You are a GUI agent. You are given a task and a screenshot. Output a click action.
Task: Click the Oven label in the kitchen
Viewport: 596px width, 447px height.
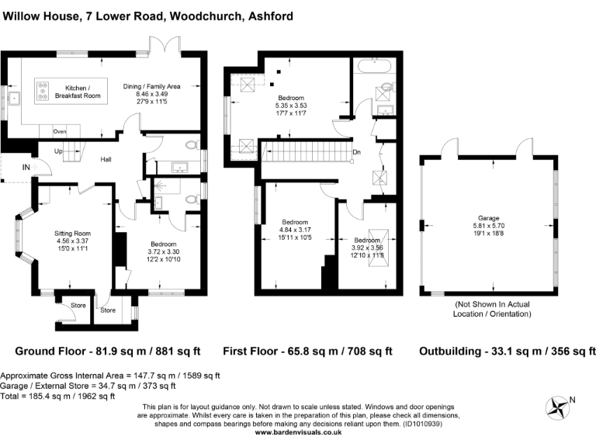coord(60,131)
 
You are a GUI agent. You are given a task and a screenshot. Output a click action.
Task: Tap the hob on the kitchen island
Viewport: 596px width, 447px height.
coord(43,92)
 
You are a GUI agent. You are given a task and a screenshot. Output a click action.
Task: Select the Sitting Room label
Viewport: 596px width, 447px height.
coord(72,234)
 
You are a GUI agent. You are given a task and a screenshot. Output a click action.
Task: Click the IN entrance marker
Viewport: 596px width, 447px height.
coord(26,168)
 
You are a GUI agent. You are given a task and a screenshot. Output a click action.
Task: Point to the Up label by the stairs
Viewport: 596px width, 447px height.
coord(58,151)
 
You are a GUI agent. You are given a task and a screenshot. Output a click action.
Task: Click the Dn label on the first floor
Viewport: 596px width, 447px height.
coord(356,152)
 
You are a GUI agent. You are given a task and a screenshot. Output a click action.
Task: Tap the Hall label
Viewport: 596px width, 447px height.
coord(106,159)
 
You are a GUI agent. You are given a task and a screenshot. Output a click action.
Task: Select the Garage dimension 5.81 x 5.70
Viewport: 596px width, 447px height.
coord(488,226)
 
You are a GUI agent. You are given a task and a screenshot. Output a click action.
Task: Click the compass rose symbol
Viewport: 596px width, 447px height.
coord(557,408)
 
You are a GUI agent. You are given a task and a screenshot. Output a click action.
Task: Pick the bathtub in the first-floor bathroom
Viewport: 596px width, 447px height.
coord(374,66)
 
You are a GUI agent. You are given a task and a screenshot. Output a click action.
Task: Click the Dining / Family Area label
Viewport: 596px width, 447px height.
coord(151,86)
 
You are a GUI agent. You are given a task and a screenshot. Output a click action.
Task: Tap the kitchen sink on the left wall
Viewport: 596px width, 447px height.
coord(14,98)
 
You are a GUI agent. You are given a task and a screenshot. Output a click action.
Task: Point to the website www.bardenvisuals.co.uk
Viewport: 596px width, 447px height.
coord(298,432)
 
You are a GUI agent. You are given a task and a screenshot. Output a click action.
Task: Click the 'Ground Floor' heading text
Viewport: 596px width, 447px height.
coord(50,351)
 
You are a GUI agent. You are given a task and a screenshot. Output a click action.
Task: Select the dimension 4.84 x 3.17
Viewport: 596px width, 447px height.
coord(295,230)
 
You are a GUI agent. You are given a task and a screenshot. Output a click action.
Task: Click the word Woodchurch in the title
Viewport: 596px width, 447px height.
coord(206,16)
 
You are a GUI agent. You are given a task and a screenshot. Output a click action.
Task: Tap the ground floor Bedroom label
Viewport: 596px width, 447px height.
coord(164,244)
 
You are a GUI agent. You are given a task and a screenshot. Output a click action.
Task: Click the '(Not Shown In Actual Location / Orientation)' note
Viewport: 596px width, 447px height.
coord(492,309)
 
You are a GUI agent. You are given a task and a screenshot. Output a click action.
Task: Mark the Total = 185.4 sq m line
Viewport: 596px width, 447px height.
coord(57,397)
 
